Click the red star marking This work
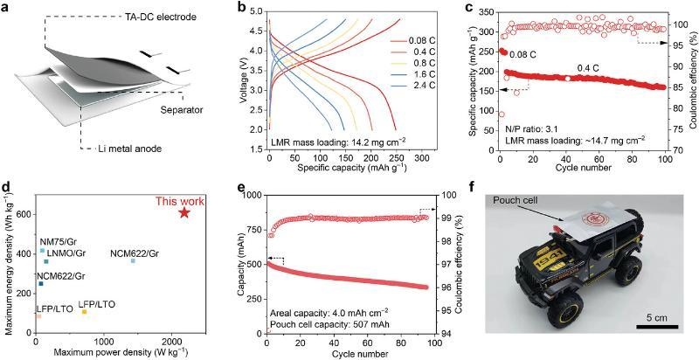(x=184, y=212)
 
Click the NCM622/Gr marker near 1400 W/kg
(x=133, y=260)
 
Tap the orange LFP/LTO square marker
(x=84, y=312)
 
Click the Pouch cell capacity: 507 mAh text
(x=310, y=324)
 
